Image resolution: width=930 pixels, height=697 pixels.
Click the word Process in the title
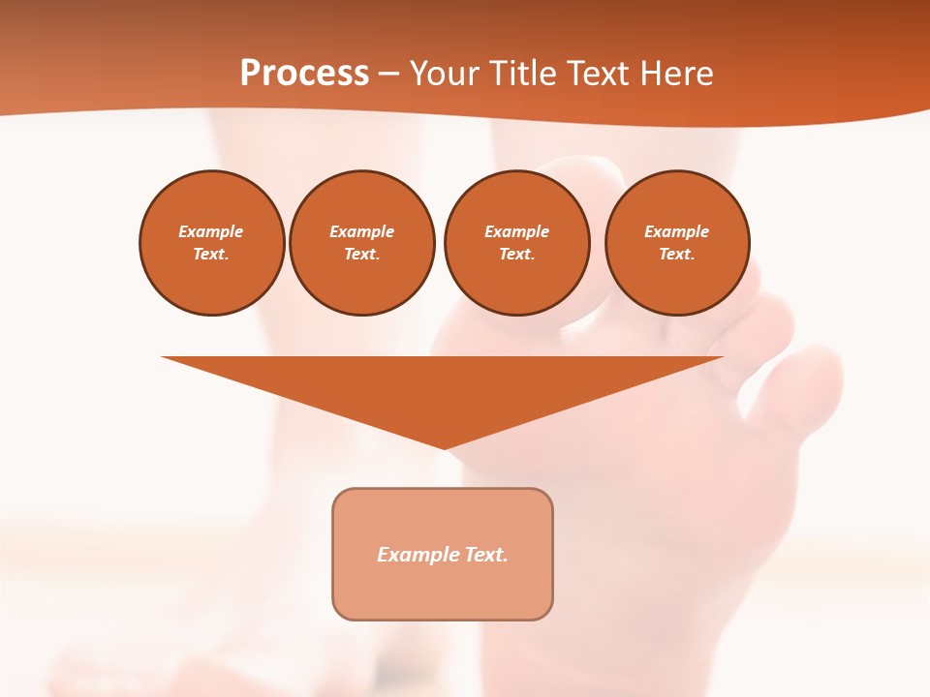[304, 74]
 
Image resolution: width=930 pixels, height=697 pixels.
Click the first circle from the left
[211, 243]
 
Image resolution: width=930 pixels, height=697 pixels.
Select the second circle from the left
[361, 243]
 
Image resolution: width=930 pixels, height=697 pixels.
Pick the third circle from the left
[516, 243]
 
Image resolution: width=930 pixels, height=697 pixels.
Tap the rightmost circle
[677, 243]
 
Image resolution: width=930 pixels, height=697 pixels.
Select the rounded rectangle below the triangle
[443, 554]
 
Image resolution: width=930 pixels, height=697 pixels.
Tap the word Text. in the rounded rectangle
[486, 555]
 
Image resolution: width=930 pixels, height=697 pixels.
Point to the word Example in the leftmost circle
[211, 232]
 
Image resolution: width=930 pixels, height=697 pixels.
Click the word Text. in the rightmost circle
[677, 255]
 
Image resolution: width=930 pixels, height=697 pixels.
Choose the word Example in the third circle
[516, 232]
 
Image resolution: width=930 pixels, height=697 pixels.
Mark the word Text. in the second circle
[361, 255]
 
